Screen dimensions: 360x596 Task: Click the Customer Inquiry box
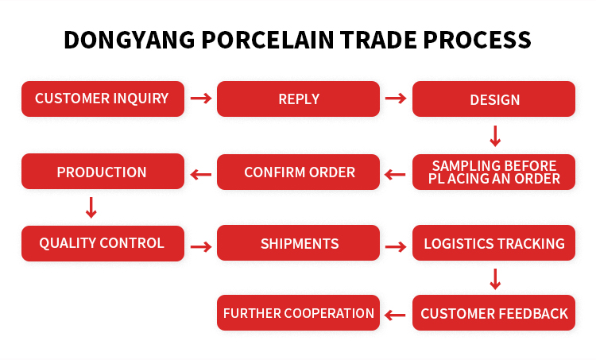point(103,99)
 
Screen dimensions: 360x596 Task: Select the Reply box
point(299,99)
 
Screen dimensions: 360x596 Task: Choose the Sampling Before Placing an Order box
point(494,172)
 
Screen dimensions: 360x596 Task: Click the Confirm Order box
point(299,172)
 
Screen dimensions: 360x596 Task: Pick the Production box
point(103,172)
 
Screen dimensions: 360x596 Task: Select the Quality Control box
point(103,243)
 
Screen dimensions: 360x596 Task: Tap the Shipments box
point(299,244)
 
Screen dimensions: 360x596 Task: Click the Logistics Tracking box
point(494,244)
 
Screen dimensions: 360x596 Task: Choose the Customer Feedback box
point(494,313)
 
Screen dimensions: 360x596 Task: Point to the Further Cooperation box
point(299,313)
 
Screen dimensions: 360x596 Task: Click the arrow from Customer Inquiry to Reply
point(201,99)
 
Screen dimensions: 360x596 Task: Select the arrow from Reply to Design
point(396,99)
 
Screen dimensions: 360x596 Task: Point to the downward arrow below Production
point(91,207)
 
